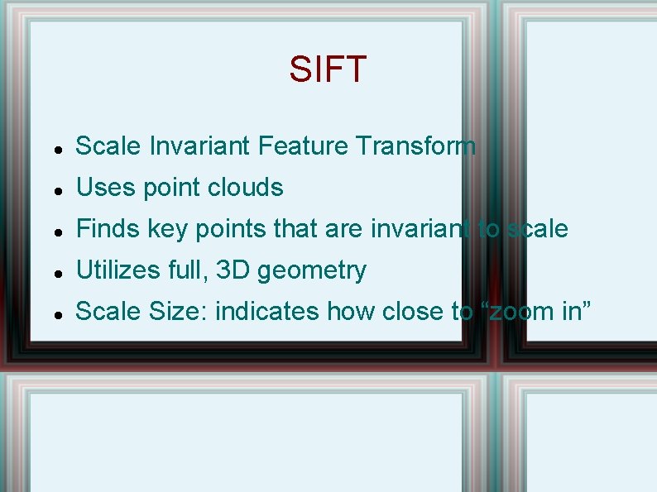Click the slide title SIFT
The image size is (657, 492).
pos(328,69)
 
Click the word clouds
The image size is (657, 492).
pos(246,188)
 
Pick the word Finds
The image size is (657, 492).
pos(108,229)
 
